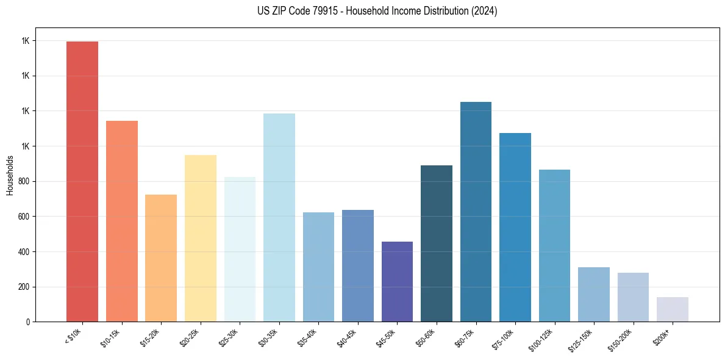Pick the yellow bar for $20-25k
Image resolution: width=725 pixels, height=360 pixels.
click(x=201, y=238)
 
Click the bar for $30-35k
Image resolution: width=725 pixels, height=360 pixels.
click(x=279, y=217)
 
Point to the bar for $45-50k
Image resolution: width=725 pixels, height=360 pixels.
click(x=397, y=281)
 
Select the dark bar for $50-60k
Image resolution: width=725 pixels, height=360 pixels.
click(x=437, y=243)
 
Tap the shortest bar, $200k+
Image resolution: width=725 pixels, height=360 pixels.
click(x=673, y=309)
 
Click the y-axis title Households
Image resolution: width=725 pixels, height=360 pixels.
click(x=10, y=175)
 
